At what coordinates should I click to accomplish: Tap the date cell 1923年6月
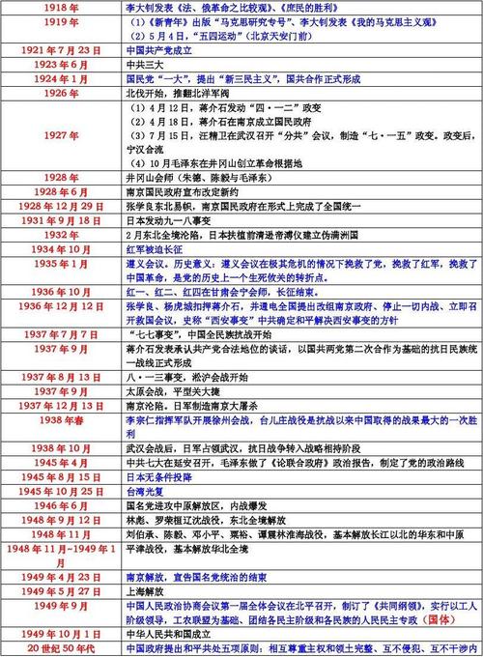[61, 65]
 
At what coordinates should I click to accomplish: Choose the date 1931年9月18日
[61, 220]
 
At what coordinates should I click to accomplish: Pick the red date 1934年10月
[61, 249]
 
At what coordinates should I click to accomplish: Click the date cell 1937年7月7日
[61, 334]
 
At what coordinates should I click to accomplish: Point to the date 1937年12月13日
[61, 408]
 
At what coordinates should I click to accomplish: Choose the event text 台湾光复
[144, 492]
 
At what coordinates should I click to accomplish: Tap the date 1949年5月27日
[61, 590]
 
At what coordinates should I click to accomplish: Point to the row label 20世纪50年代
[61, 648]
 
